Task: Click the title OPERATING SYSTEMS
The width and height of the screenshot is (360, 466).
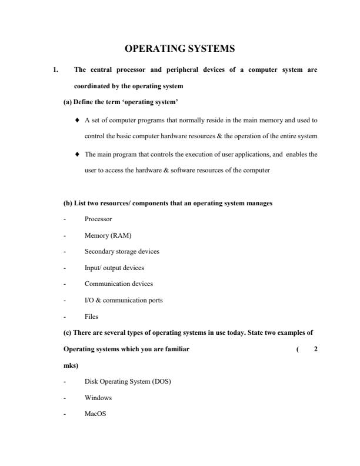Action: [180, 48]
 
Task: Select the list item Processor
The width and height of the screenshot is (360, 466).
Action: [98, 219]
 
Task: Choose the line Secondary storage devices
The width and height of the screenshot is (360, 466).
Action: [122, 251]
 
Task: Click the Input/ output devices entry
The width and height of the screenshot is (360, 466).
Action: [114, 267]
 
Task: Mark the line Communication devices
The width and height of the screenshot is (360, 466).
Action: [119, 284]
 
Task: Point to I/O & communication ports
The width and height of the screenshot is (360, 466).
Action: [124, 300]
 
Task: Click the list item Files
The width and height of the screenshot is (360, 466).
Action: [91, 316]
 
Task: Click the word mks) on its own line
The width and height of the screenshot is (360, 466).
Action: [71, 365]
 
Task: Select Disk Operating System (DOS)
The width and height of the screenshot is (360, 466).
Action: [128, 381]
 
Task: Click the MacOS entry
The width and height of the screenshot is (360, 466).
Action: [96, 414]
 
